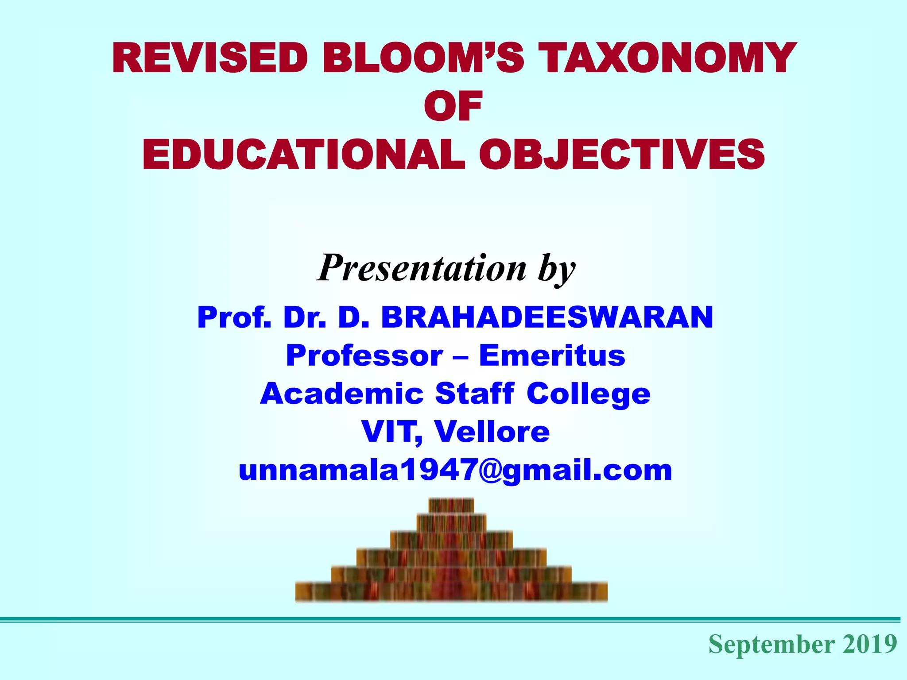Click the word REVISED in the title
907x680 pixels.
click(x=210, y=58)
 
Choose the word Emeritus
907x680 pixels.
click(x=552, y=355)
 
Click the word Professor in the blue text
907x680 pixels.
click(x=364, y=355)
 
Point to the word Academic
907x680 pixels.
click(x=341, y=394)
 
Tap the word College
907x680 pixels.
click(x=588, y=394)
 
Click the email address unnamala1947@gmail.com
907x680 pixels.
click(x=455, y=470)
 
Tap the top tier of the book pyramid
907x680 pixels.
click(x=451, y=505)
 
